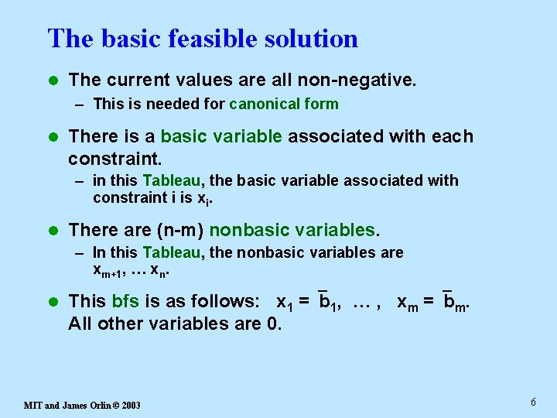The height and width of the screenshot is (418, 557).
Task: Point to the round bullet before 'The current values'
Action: coord(52,80)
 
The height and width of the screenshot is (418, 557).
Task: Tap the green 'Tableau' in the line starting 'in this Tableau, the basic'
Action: coord(172,181)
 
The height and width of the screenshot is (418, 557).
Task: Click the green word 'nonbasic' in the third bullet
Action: coord(245,230)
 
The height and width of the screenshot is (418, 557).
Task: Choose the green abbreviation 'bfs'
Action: coord(125,301)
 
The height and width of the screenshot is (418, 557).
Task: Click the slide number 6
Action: coord(533,402)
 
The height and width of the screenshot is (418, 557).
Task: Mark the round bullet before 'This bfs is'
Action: coord(52,302)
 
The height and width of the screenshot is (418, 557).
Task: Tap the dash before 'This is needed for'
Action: coord(80,104)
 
